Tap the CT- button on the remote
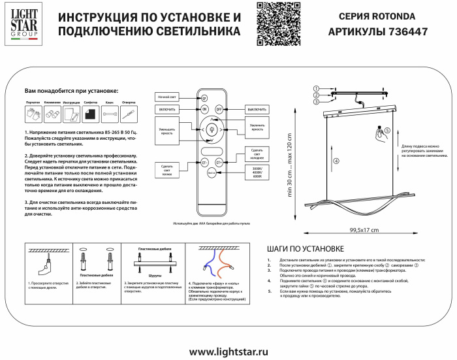click(x=204, y=161)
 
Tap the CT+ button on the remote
click(x=219, y=161)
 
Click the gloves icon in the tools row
click(x=33, y=115)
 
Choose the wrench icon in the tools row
click(x=111, y=115)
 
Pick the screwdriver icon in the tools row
click(x=129, y=115)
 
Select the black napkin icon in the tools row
click(x=91, y=115)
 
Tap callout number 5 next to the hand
click(x=387, y=130)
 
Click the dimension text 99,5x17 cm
click(x=364, y=229)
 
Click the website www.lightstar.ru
click(x=228, y=351)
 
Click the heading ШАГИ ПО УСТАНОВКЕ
click(x=306, y=249)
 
